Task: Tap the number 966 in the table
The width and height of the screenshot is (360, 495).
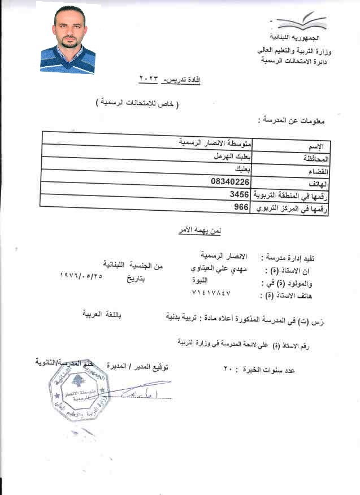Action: (242, 207)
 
